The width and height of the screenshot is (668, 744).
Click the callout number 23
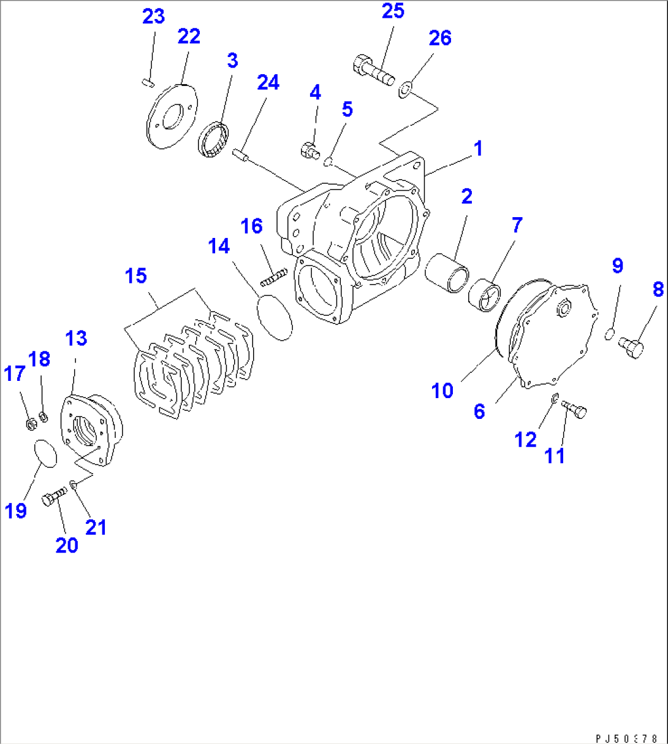(153, 16)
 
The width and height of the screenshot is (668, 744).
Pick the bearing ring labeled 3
(214, 141)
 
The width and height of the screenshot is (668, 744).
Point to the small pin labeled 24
(240, 155)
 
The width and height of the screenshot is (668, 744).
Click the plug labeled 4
(309, 149)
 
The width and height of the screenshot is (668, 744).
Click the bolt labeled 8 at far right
(631, 348)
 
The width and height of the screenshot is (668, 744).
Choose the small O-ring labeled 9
(610, 334)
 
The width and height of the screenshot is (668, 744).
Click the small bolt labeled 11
(574, 408)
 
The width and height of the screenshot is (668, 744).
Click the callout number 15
(136, 275)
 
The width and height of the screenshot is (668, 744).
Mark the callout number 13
(76, 338)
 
